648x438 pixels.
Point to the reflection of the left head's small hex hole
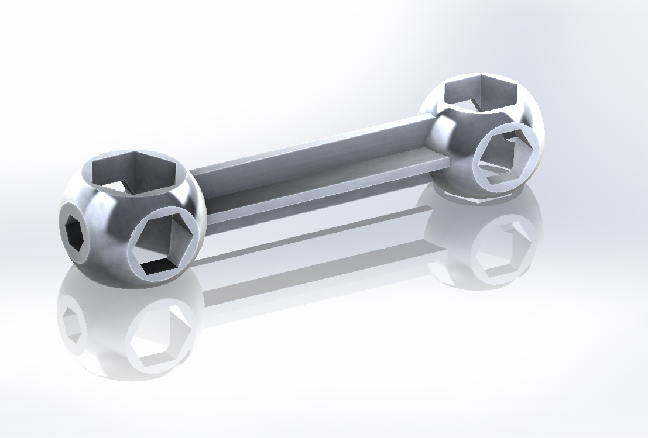71,322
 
